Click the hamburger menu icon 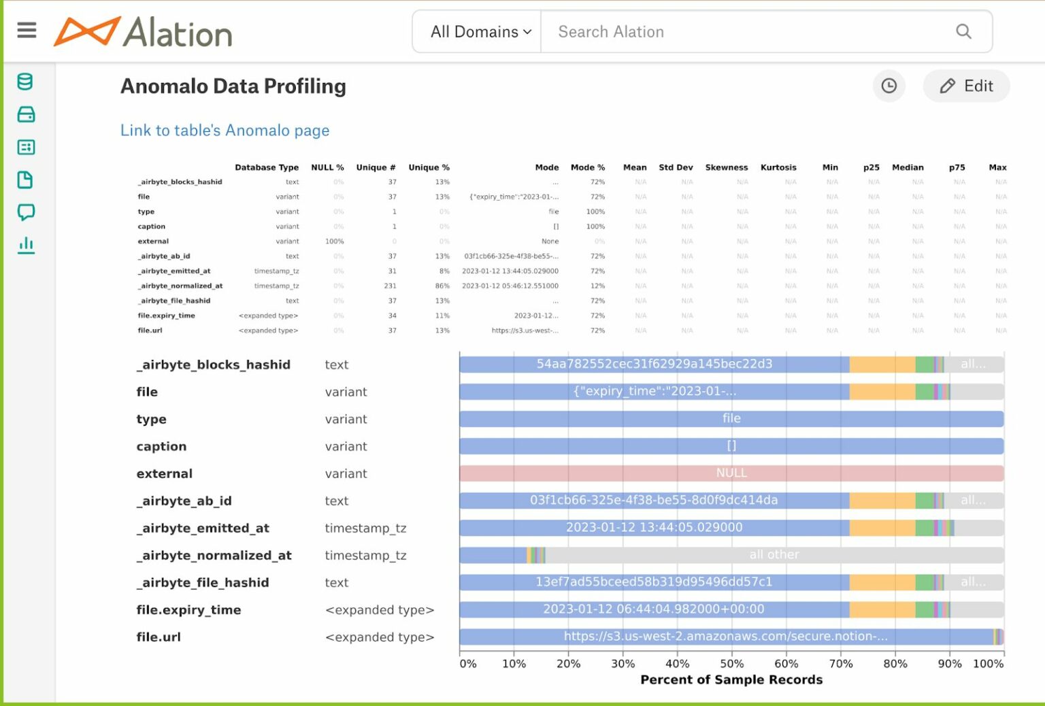pyautogui.click(x=27, y=31)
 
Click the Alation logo pyautogui.click(x=144, y=32)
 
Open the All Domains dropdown pyautogui.click(x=480, y=32)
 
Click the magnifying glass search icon pyautogui.click(x=963, y=31)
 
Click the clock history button pyautogui.click(x=889, y=86)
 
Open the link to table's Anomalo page pyautogui.click(x=225, y=131)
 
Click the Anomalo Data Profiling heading pyautogui.click(x=233, y=86)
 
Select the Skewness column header pyautogui.click(x=726, y=167)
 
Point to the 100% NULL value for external pyautogui.click(x=334, y=241)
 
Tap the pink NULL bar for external pyautogui.click(x=731, y=473)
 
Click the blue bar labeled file pyautogui.click(x=731, y=419)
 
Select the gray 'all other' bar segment pyautogui.click(x=774, y=555)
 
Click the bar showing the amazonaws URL pyautogui.click(x=725, y=637)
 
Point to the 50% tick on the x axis pyautogui.click(x=731, y=664)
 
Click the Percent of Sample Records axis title pyautogui.click(x=731, y=679)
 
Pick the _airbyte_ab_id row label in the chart pyautogui.click(x=184, y=501)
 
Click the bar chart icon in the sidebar pyautogui.click(x=26, y=245)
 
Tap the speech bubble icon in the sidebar pyautogui.click(x=26, y=212)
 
